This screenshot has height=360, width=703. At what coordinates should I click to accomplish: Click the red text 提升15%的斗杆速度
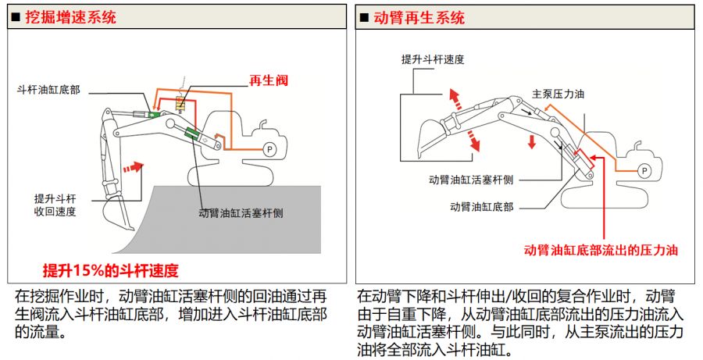(x=110, y=271)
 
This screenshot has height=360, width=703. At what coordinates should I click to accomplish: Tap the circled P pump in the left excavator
(x=269, y=148)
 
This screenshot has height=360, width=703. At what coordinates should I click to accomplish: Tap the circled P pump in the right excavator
(x=644, y=169)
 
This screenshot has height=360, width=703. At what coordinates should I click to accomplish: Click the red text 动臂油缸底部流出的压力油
(x=600, y=251)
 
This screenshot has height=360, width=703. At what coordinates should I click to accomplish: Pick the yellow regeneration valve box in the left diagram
(x=180, y=103)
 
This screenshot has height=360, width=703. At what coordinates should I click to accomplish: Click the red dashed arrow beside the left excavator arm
(x=134, y=167)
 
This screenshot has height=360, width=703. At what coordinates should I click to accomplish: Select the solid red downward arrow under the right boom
(x=531, y=141)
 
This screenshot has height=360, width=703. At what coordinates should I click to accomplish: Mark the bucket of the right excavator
(x=428, y=141)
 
